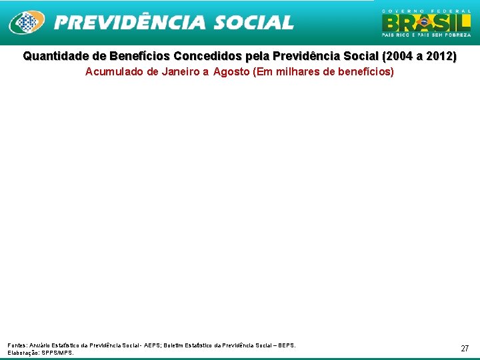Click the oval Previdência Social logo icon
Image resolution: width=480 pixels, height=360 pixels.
(27, 23)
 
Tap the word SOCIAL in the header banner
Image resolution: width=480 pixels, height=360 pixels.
(254, 23)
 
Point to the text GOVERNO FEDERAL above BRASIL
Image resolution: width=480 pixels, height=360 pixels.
(426, 11)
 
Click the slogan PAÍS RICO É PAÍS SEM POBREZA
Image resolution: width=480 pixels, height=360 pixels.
(426, 35)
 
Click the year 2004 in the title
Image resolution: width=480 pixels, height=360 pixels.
(399, 57)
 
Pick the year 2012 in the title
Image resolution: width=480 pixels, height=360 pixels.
(441, 57)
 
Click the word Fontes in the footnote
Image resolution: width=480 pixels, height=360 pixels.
(17, 345)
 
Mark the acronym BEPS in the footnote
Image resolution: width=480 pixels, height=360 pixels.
(285, 345)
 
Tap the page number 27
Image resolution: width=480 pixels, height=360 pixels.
(465, 349)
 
